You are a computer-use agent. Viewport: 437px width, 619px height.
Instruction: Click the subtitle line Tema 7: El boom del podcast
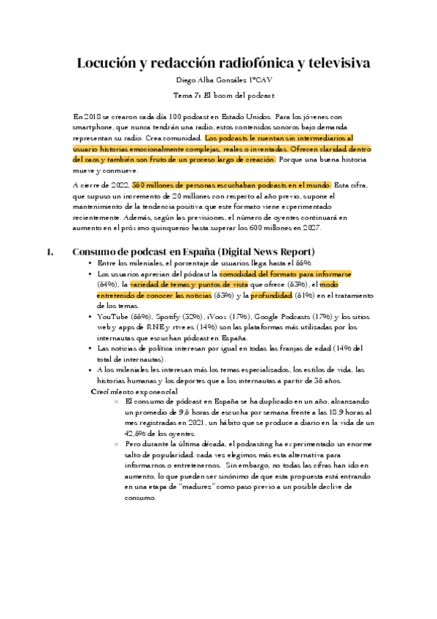(x=218, y=96)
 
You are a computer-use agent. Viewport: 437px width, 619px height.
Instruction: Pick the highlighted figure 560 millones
(x=155, y=185)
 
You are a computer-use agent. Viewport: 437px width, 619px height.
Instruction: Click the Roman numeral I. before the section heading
(x=50, y=252)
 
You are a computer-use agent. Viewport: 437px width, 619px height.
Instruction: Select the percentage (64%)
(x=108, y=284)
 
